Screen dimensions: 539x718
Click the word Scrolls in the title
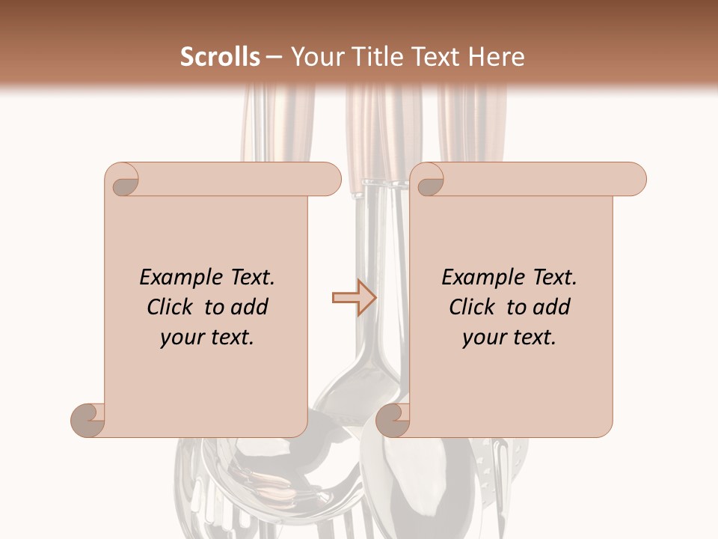coord(221,57)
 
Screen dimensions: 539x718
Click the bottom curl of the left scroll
coord(88,420)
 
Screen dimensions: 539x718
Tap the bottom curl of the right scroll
coord(393,420)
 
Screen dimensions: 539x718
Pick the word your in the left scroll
coord(180,338)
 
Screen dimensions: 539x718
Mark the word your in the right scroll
coord(482,338)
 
